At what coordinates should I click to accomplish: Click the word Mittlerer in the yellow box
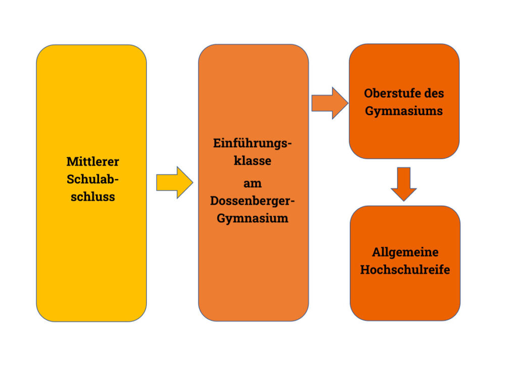(92, 162)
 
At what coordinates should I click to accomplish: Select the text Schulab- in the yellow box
(92, 179)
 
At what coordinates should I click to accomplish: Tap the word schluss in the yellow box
(92, 197)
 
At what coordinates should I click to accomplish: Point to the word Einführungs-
(252, 144)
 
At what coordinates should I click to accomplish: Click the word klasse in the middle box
(252, 161)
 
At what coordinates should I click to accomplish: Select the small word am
(252, 184)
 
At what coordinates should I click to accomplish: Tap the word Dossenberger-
(252, 201)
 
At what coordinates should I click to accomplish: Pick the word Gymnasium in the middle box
(252, 218)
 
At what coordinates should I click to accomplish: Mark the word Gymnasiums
(404, 111)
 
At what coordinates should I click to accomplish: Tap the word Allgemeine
(405, 252)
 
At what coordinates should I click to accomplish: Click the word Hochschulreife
(405, 270)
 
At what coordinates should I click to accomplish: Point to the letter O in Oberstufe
(368, 94)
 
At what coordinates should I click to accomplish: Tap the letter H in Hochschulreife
(365, 270)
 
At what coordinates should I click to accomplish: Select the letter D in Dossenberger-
(215, 201)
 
